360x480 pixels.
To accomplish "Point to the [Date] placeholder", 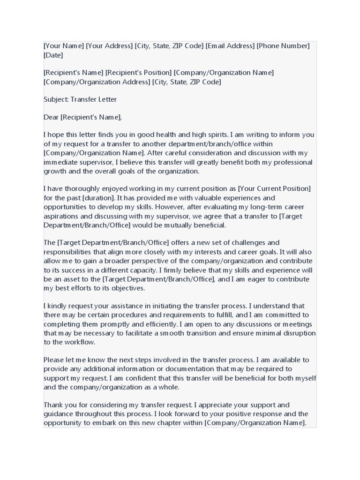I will (x=53, y=55).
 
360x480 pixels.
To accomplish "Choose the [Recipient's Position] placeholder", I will (x=139, y=73).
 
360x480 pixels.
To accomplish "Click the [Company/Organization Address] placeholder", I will (x=97, y=82).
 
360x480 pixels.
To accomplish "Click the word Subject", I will (x=55, y=99).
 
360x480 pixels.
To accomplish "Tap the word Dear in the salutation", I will (x=51, y=117).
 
